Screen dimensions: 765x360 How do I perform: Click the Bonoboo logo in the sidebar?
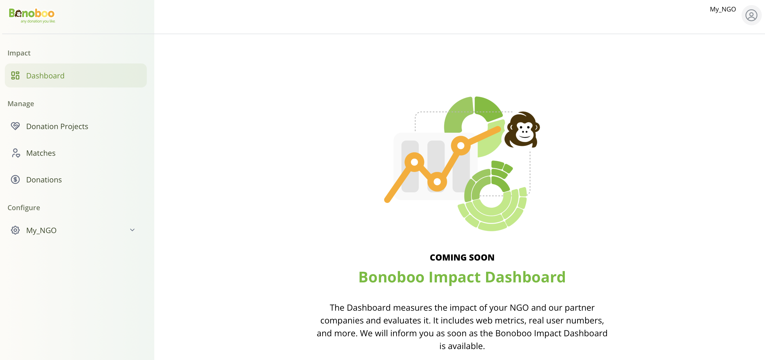coord(32,15)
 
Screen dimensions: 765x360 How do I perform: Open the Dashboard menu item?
coord(76,75)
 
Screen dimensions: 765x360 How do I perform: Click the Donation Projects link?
coord(57,126)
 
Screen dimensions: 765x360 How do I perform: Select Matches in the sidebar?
coord(41,153)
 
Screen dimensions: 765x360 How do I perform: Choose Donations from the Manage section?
coord(44,180)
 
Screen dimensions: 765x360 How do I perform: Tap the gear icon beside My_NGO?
coord(15,230)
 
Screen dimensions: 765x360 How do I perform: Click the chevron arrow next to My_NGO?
coord(132,230)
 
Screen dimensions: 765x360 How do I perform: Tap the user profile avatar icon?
coord(751,15)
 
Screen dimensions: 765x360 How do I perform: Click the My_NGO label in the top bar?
coord(723,9)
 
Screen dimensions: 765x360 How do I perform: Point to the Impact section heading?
coord(19,53)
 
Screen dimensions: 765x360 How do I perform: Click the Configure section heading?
coord(24,208)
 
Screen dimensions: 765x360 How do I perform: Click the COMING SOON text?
coord(462,258)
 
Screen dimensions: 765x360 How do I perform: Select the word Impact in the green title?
coord(455,278)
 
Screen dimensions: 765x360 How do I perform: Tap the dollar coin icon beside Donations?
coord(15,179)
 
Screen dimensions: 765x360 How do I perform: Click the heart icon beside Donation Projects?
coord(15,126)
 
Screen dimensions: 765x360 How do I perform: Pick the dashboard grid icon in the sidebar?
coord(15,75)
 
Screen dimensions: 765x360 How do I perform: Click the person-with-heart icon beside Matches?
coord(15,153)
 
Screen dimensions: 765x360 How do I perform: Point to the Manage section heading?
coord(21,104)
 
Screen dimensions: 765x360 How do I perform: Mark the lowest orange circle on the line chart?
coord(437,182)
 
